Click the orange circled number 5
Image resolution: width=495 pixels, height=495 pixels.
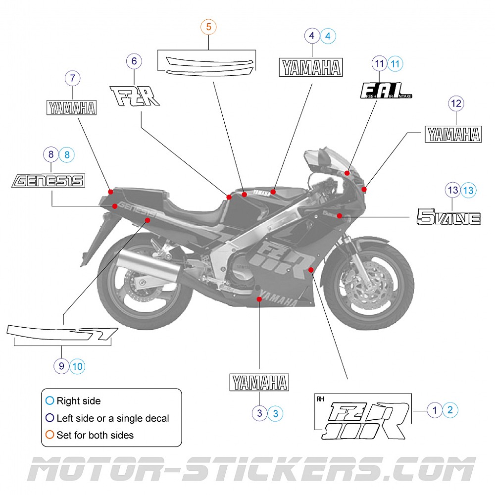(x=208, y=27)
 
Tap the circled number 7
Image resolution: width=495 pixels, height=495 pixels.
(x=73, y=78)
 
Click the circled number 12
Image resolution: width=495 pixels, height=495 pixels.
(x=456, y=103)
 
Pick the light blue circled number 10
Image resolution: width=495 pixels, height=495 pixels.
(x=77, y=366)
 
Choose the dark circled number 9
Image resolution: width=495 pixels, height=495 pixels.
(x=61, y=366)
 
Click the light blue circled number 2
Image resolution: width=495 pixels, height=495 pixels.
(x=450, y=410)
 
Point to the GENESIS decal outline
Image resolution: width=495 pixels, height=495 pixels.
(x=49, y=181)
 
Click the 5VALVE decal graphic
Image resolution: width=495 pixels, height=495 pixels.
(x=448, y=217)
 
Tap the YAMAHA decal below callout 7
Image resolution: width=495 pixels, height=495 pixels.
(x=71, y=107)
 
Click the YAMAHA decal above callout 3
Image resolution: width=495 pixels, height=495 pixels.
(x=259, y=383)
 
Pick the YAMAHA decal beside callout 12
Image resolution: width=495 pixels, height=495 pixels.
(x=453, y=134)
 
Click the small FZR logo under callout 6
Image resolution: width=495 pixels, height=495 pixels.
(x=134, y=96)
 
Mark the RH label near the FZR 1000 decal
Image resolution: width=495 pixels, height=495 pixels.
(x=320, y=398)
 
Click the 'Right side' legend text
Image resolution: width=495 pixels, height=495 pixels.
(x=78, y=401)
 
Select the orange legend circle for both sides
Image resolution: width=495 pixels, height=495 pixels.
(x=49, y=435)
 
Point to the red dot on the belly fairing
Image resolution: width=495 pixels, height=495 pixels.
(x=259, y=299)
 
